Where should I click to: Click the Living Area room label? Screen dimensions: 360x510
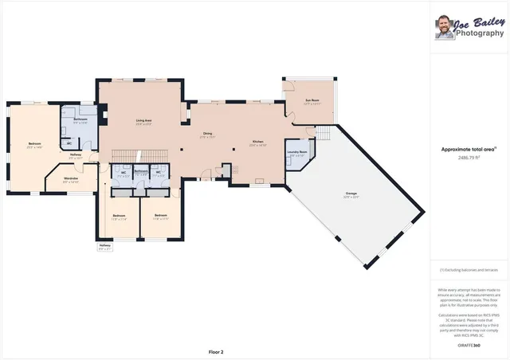[143, 121]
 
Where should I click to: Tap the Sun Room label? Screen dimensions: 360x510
[312, 102]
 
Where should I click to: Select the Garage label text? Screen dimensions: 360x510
[351, 194]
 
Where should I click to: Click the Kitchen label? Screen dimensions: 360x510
[257, 143]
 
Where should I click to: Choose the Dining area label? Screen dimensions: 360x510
[207, 135]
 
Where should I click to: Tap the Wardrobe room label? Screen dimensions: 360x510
[70, 180]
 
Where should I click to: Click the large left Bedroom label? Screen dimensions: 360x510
[33, 145]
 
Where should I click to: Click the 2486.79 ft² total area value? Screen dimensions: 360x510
[469, 158]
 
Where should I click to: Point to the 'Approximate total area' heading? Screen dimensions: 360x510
[469, 149]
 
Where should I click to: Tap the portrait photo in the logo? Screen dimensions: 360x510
[444, 29]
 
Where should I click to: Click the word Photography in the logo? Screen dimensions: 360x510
[481, 33]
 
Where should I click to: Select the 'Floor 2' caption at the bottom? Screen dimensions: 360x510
[216, 351]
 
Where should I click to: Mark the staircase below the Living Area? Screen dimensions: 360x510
[140, 153]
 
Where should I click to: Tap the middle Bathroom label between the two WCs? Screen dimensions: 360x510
[141, 173]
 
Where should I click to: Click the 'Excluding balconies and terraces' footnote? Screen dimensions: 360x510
[469, 271]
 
